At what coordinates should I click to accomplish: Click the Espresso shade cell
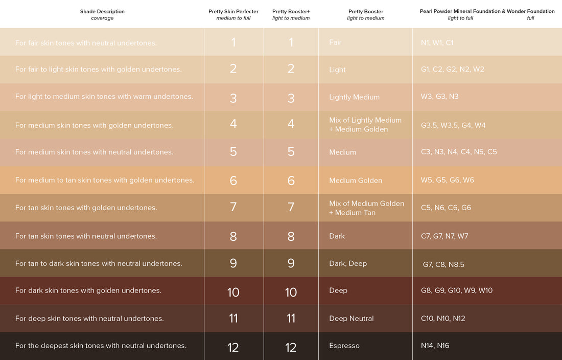344,346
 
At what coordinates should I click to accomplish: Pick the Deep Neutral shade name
352,319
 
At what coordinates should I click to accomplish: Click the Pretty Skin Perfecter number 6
233,180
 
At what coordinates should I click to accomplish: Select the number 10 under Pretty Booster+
291,291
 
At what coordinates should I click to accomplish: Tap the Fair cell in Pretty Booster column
336,42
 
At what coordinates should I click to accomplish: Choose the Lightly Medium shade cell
354,97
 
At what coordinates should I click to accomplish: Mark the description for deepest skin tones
101,346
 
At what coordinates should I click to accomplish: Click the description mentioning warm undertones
104,97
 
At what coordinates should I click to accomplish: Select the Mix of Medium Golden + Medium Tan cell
366,208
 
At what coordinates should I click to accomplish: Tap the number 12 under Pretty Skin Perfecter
233,347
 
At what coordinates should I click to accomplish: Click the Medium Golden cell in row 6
356,181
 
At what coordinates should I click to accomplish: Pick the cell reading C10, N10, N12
443,319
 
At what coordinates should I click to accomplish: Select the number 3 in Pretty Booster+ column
291,98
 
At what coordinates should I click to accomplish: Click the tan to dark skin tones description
99,264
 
